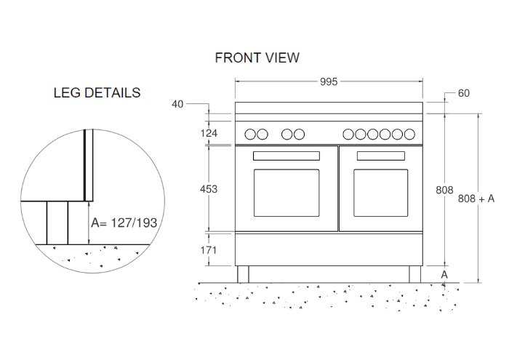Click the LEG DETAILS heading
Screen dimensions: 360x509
[97, 93]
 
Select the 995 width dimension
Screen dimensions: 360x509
[329, 82]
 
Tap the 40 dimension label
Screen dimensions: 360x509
[177, 104]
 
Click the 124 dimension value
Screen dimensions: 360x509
[209, 133]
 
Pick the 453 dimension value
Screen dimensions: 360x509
[209, 189]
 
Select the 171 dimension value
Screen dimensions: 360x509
[209, 249]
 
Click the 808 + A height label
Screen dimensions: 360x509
[477, 198]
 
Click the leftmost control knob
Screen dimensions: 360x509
[249, 134]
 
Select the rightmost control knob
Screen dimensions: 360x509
[409, 134]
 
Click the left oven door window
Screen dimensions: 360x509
[286, 192]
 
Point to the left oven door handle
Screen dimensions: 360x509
[286, 156]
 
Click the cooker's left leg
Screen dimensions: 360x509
[243, 274]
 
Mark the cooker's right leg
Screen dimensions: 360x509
[414, 274]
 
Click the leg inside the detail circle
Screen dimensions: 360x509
[57, 223]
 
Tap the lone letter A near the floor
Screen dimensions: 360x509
[444, 274]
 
